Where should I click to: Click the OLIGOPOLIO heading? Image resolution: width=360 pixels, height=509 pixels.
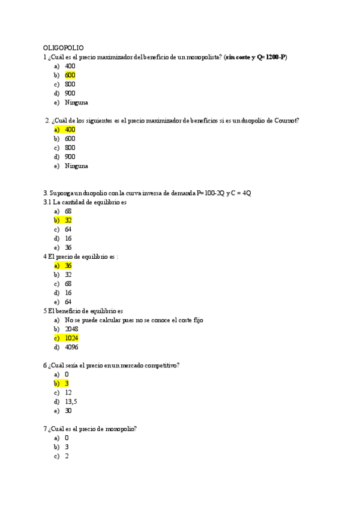click(64, 47)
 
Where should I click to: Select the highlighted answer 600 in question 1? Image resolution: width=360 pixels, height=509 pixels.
click(70, 75)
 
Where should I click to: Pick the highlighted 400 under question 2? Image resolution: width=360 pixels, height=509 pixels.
click(70, 129)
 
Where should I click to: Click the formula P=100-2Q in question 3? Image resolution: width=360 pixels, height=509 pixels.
click(206, 193)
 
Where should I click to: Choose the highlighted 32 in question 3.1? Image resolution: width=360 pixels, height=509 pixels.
click(68, 220)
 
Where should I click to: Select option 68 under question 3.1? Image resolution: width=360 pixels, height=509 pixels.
click(68, 211)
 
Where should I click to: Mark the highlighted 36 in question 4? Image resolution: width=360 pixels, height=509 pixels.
click(68, 265)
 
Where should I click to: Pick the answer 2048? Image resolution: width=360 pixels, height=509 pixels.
click(71, 329)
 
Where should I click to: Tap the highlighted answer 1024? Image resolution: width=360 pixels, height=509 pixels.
click(71, 338)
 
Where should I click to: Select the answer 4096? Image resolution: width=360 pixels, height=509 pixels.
click(71, 347)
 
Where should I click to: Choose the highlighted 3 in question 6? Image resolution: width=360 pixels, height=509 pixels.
click(67, 383)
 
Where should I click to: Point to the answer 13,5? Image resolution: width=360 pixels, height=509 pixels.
click(71, 402)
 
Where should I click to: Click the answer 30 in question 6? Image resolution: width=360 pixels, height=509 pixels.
click(68, 411)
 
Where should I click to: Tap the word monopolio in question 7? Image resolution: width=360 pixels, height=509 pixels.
click(121, 429)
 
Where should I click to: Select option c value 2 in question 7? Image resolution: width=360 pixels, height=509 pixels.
click(67, 456)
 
